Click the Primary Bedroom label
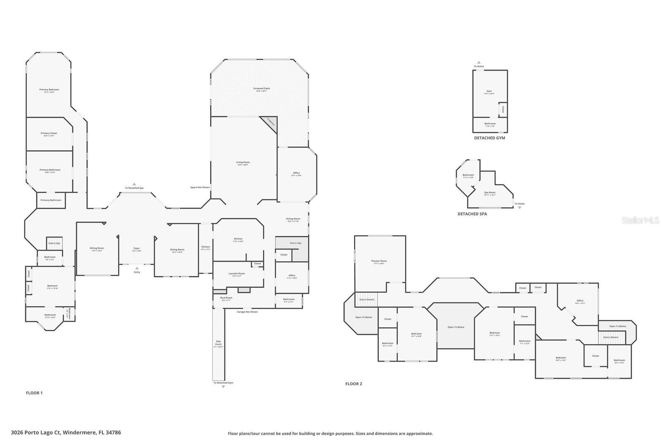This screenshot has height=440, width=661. [x=49, y=90]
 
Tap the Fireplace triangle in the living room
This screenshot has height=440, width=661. [x=271, y=123]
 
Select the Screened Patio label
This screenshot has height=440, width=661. [x=261, y=88]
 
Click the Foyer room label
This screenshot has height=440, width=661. [x=136, y=248]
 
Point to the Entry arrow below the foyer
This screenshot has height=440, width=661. [x=137, y=268]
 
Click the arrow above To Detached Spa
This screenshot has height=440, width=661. [x=134, y=184]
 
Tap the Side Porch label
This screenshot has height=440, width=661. [x=218, y=342]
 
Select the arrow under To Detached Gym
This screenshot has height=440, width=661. [x=223, y=387]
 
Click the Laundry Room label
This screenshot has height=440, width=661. [x=237, y=273]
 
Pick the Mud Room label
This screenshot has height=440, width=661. [x=226, y=298]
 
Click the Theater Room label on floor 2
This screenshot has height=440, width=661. [x=379, y=261]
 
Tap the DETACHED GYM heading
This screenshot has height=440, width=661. [x=490, y=138]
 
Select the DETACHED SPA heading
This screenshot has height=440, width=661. [x=472, y=214]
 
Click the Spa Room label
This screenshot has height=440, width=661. [x=490, y=192]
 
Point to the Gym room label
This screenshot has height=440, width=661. [x=489, y=91]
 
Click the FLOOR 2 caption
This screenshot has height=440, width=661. [x=354, y=384]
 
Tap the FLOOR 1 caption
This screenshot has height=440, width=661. [x=34, y=393]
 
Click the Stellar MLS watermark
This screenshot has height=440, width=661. [x=641, y=220]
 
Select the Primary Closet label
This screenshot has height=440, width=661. [x=49, y=133]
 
